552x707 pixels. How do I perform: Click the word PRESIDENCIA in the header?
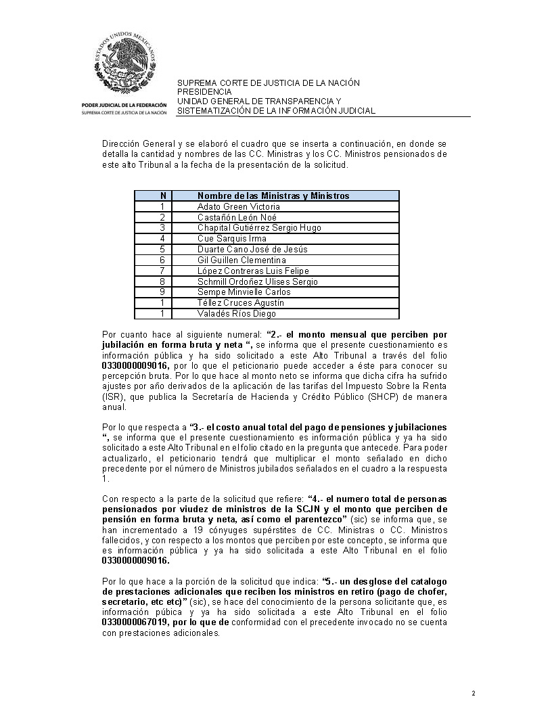point(204,91)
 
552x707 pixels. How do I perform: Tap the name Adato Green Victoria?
point(238,206)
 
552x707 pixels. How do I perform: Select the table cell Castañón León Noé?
point(231,217)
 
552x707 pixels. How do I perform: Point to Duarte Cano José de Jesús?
point(252,250)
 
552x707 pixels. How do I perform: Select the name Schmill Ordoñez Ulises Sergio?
point(257,281)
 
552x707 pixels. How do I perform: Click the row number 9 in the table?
point(162,292)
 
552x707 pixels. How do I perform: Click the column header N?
point(162,196)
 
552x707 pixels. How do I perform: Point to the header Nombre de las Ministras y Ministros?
point(273,196)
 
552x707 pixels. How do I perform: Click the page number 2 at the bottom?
point(474,693)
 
